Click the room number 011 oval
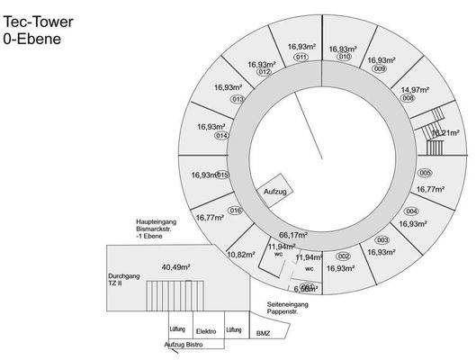(299, 57)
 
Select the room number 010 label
(343, 58)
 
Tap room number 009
(379, 69)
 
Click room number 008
(408, 99)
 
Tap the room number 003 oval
(382, 240)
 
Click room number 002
(343, 256)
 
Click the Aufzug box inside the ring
(275, 193)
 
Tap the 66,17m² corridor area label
(293, 235)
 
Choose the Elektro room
(205, 331)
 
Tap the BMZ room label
(263, 334)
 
